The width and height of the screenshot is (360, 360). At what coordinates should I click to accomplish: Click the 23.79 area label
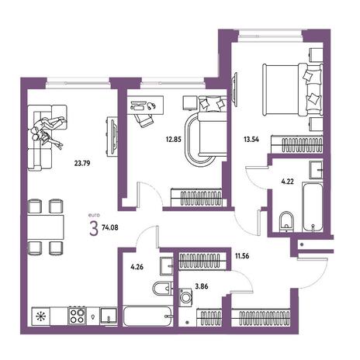tap(82, 164)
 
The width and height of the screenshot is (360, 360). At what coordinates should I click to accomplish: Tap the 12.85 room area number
tap(173, 140)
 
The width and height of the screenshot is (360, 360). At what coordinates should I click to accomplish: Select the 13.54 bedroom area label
tap(251, 140)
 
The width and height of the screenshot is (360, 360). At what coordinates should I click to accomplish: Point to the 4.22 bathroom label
tap(287, 182)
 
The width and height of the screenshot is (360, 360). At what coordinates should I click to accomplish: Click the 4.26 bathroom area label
tap(137, 267)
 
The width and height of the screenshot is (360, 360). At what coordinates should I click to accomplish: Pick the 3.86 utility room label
tap(202, 286)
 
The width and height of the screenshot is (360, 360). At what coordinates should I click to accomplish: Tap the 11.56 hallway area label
tap(242, 256)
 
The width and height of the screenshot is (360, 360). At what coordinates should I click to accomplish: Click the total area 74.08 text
tap(110, 228)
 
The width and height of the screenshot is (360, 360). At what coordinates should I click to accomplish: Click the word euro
tap(94, 215)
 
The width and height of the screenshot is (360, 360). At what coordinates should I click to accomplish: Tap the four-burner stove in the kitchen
tap(77, 316)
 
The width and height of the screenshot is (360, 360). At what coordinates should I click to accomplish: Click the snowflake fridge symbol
tap(40, 316)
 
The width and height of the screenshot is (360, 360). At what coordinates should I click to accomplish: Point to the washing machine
tap(185, 297)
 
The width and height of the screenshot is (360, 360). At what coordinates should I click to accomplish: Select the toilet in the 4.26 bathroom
tap(162, 289)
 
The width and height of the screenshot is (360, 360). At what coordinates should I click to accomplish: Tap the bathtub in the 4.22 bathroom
tap(313, 207)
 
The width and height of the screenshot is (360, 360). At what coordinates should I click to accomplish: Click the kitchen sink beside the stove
tap(109, 317)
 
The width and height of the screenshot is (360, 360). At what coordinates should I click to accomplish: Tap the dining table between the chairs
tap(46, 227)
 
